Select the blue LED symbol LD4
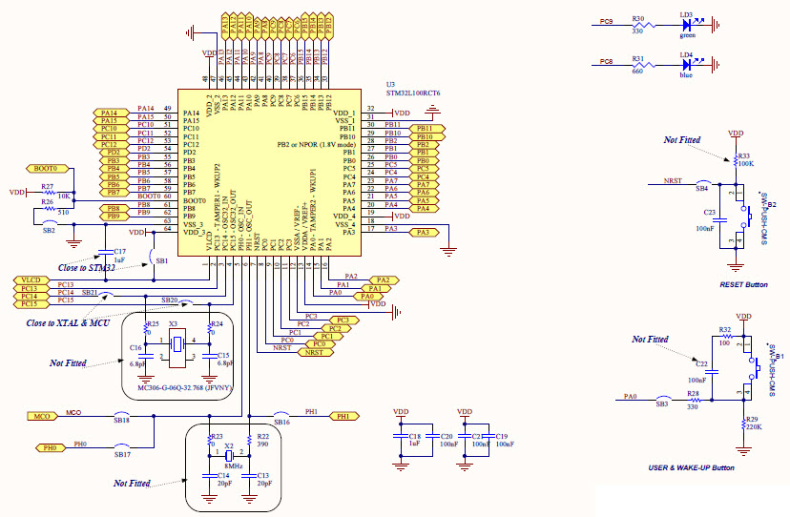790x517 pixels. [686, 63]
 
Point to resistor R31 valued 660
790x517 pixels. [638, 63]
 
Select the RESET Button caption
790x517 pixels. [744, 284]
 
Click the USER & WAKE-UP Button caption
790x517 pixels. [692, 467]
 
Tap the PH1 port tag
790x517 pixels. [343, 416]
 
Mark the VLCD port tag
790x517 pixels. [29, 279]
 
